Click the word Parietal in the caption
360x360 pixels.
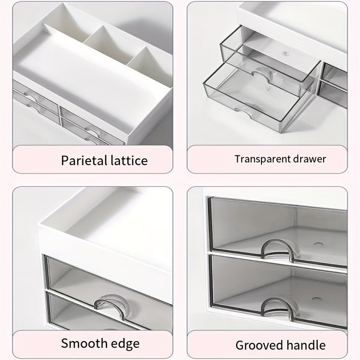pyautogui.click(x=84, y=161)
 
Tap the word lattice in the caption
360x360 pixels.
pyautogui.click(x=129, y=161)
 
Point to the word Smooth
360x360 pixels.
pyautogui.click(x=84, y=343)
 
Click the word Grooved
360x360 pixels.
pyautogui.click(x=259, y=345)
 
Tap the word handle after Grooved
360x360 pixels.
pyautogui.click(x=306, y=345)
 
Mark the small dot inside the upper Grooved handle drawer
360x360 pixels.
pyautogui.click(x=318, y=243)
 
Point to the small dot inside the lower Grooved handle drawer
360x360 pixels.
pyautogui.click(x=316, y=299)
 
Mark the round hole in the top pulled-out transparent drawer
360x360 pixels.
pyautogui.click(x=285, y=54)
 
